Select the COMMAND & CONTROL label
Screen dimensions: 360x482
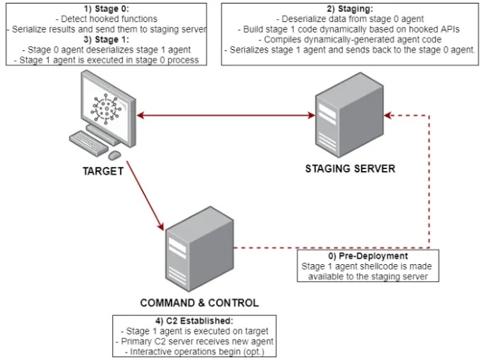(x=199, y=303)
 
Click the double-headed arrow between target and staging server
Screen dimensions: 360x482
(x=226, y=115)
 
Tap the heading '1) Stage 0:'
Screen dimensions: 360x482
(x=105, y=8)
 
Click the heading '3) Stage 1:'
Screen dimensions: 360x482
(x=105, y=40)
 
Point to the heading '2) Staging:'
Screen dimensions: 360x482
(x=351, y=8)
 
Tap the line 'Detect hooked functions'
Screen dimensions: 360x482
(x=105, y=18)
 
